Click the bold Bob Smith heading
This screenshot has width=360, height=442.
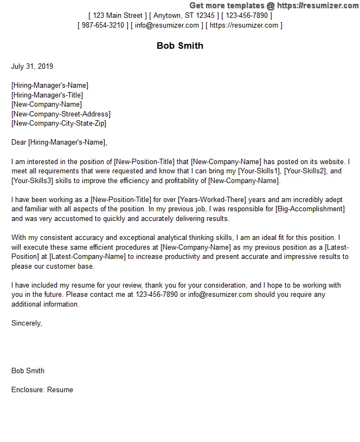[180, 45]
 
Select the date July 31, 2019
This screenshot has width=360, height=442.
[33, 67]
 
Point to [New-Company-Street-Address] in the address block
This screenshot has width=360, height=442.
[61, 114]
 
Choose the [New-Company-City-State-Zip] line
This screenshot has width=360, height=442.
[59, 123]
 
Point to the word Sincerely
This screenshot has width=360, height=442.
[26, 323]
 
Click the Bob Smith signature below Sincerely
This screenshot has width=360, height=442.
[28, 370]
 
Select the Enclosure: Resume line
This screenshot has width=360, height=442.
[42, 389]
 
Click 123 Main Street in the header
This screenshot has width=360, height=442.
[117, 16]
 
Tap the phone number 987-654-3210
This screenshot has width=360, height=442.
[103, 25]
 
